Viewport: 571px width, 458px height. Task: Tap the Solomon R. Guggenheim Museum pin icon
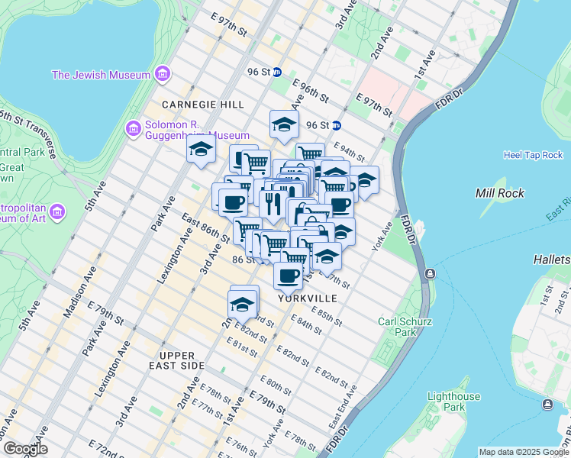pos(134,128)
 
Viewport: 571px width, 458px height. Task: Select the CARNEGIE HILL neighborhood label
pos(203,104)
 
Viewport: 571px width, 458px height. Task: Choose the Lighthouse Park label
pos(453,402)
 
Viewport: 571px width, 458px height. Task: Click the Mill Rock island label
pos(499,193)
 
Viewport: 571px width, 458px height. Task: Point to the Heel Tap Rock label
pos(533,155)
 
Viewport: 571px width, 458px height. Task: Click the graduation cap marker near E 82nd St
pos(242,304)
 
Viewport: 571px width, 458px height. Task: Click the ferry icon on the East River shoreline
pos(431,274)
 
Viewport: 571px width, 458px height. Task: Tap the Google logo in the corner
pos(24,449)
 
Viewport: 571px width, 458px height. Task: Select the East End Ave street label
pos(342,406)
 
